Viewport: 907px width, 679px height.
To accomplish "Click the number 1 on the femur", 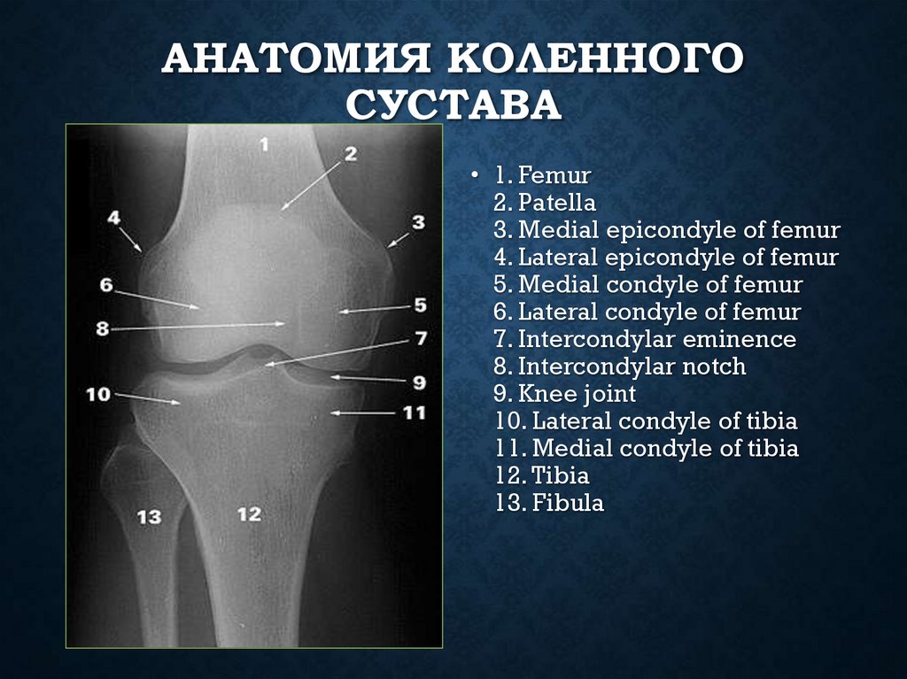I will pos(264,143).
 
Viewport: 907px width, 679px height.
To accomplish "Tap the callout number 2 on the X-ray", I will pos(350,153).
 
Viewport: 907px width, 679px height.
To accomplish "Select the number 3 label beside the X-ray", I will pos(417,222).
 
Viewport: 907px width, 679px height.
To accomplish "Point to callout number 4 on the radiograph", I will pos(114,216).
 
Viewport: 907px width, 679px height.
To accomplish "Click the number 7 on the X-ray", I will pos(420,338).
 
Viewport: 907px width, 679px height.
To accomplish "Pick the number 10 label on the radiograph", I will pos(98,393).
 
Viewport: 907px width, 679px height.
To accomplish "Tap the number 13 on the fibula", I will pos(149,515).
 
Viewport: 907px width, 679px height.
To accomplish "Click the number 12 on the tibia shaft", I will pos(250,513).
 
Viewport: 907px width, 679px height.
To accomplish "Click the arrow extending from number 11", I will pos(363,413).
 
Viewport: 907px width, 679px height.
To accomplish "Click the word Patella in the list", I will pos(557,203).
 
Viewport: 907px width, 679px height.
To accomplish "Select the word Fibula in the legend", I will pos(569,504).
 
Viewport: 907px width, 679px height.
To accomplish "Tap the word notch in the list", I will pos(714,367).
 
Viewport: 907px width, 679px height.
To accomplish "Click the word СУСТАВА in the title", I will pos(453,104).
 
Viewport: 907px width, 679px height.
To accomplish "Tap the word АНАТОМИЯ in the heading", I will pos(298,63).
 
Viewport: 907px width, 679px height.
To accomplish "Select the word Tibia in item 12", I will pos(561,476).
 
